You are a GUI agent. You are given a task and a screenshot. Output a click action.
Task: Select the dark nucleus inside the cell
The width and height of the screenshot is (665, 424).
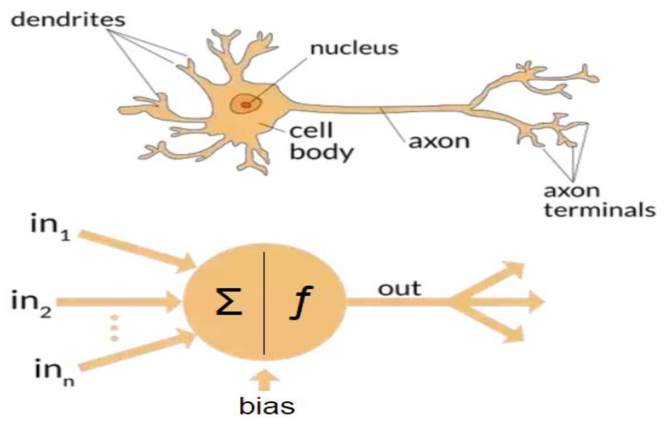[x=246, y=105]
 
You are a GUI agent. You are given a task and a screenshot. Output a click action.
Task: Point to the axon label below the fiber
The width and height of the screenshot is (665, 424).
[x=439, y=141]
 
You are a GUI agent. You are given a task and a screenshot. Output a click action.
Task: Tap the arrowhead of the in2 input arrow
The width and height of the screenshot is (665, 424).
[x=173, y=302]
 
